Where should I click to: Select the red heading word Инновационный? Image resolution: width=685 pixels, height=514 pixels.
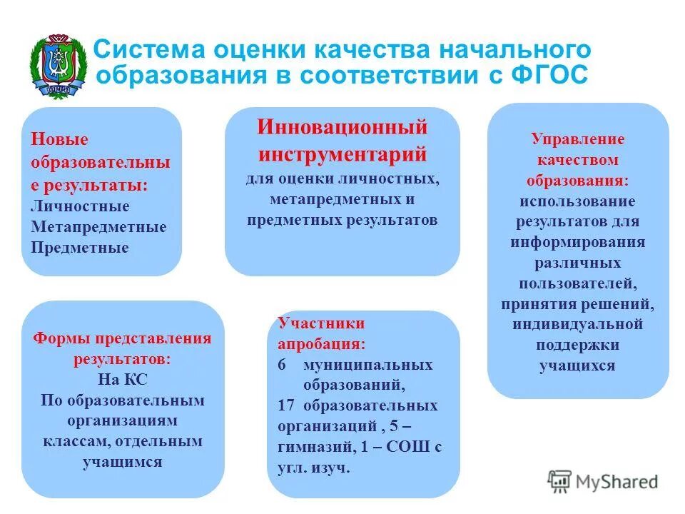pos(342,128)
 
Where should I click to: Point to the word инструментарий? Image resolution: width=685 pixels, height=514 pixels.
pos(342,153)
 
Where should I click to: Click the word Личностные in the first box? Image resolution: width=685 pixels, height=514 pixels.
pos(80,206)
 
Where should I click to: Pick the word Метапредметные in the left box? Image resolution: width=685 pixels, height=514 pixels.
pos(98,227)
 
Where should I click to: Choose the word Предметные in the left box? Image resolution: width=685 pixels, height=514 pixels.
pos(80,248)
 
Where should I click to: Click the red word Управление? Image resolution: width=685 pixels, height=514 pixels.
pos(578,139)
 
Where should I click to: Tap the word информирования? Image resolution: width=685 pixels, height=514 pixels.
pos(578,242)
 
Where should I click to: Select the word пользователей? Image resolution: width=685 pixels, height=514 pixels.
pos(578,283)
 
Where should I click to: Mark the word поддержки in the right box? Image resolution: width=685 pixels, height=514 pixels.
pos(578,345)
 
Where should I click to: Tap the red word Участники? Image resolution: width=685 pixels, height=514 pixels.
pos(312,323)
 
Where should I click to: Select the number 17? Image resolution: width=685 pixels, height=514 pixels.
pos(286,406)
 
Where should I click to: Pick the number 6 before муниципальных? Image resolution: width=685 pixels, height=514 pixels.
pos(282,365)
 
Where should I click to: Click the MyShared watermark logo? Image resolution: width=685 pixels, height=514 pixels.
pos(603,481)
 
